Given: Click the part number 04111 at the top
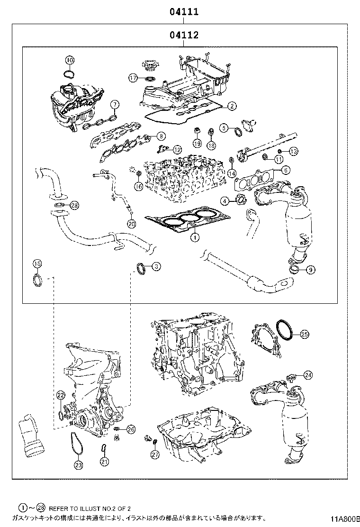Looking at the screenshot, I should tap(184, 12).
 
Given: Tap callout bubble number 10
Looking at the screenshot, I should tap(70, 60).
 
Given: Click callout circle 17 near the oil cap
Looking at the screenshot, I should tap(134, 77).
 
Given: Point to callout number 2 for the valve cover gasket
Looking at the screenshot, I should tap(231, 106).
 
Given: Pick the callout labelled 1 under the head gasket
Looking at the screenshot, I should tap(193, 238).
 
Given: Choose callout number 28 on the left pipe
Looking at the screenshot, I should tap(74, 205).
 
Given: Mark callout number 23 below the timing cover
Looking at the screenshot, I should tap(78, 465).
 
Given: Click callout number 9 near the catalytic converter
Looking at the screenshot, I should tap(310, 270).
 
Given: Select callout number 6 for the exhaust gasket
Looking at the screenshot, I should tap(286, 170).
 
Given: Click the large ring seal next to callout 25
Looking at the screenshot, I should tap(285, 330).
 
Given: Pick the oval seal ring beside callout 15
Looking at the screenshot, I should tap(37, 280).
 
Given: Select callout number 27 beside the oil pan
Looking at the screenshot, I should tap(155, 454).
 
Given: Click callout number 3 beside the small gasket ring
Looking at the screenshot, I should tap(155, 267).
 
